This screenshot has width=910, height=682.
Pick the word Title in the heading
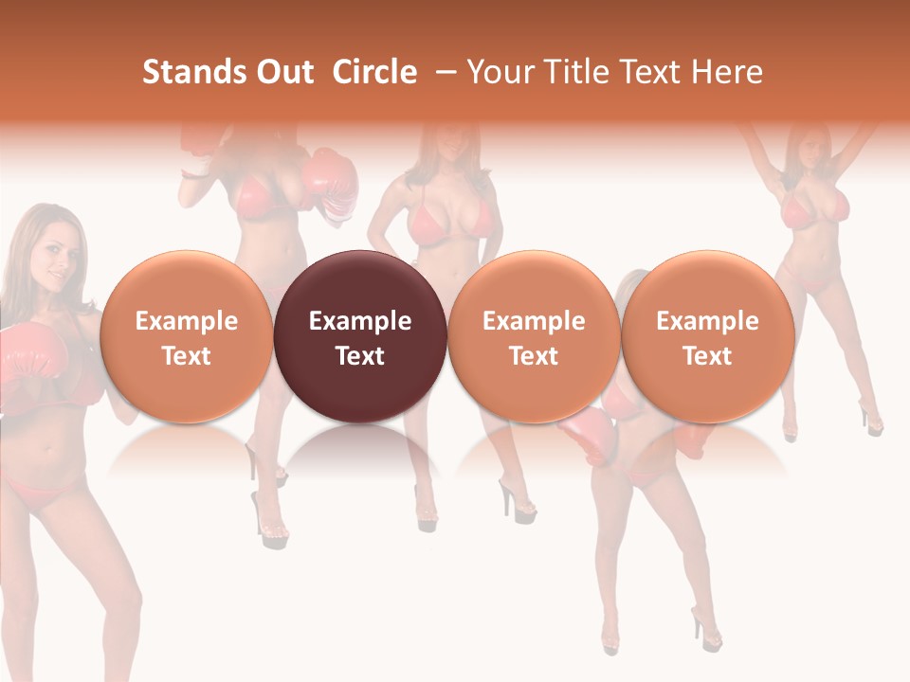tap(573, 72)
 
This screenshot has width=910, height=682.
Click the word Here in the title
tap(726, 72)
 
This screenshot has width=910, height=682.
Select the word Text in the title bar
tap(650, 72)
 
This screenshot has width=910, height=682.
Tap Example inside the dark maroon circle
tap(360, 321)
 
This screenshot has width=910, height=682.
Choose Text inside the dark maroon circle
tap(360, 356)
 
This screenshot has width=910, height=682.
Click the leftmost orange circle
tap(186, 337)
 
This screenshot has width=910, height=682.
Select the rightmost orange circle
tap(707, 337)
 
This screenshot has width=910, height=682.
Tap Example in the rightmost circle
tap(707, 321)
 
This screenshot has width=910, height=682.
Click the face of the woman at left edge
tap(52, 253)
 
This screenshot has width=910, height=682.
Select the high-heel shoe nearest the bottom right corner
tap(706, 625)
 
